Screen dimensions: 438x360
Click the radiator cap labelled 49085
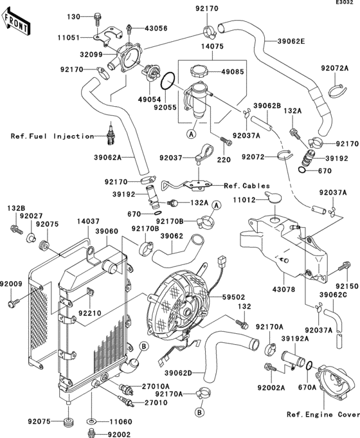tap(197, 71)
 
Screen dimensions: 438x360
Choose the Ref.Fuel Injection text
tap(51, 136)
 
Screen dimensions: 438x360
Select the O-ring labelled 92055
tap(166, 82)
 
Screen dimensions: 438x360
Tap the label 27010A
tap(156, 386)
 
